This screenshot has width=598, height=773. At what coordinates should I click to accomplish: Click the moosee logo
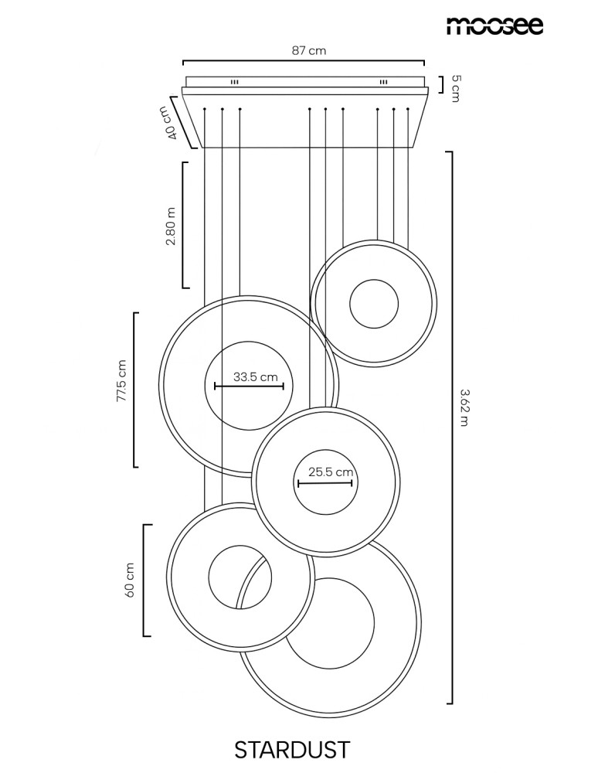pos(494,26)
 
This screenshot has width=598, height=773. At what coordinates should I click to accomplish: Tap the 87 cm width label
pos(309,50)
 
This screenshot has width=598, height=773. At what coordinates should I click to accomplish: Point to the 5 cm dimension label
pos(455,88)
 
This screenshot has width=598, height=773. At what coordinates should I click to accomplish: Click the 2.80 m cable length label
pos(171,226)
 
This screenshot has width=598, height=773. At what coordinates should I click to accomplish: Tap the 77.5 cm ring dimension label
pos(121,380)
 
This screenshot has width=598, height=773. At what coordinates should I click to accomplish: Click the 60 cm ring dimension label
pos(130,580)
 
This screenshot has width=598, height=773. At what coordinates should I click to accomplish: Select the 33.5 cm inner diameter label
pos(255,377)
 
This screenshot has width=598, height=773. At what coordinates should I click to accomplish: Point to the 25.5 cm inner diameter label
pos(331,472)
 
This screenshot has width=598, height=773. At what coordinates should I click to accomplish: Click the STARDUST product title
pos(292,750)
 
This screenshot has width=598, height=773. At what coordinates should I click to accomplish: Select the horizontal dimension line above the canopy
pos(304,61)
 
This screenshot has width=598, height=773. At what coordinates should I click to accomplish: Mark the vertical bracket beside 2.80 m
pos(183,225)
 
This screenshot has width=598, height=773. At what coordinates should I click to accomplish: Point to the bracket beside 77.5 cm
pos(134,390)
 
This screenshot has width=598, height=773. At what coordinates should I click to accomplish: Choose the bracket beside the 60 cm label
pos(144,581)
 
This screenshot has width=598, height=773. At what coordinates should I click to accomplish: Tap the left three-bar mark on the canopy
pos(235,82)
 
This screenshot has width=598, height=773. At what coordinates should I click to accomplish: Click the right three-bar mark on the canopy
pos(383,82)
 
